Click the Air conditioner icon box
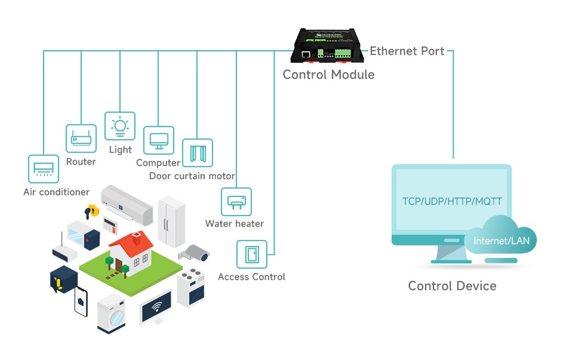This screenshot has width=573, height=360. click(x=44, y=169)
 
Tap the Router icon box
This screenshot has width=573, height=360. click(x=81, y=139)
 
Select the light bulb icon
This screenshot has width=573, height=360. click(x=120, y=126)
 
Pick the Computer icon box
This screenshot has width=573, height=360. click(x=159, y=140)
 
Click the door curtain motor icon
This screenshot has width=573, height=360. click(x=198, y=153)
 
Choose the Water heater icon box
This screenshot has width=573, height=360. click(x=236, y=202)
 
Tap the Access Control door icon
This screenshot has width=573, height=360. click(x=252, y=254)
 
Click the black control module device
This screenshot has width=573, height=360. click(x=328, y=45)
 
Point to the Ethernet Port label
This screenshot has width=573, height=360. click(x=407, y=51)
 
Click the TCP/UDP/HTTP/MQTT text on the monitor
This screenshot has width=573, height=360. click(x=452, y=201)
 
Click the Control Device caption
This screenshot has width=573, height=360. click(x=452, y=286)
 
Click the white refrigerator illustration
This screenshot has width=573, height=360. click(x=171, y=222)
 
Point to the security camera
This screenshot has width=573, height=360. click(x=194, y=253)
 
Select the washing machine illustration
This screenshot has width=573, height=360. click(x=112, y=314)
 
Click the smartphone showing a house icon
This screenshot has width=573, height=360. click(x=81, y=302)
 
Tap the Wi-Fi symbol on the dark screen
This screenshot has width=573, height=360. click(x=157, y=307)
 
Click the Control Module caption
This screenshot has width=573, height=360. click(x=328, y=75)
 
